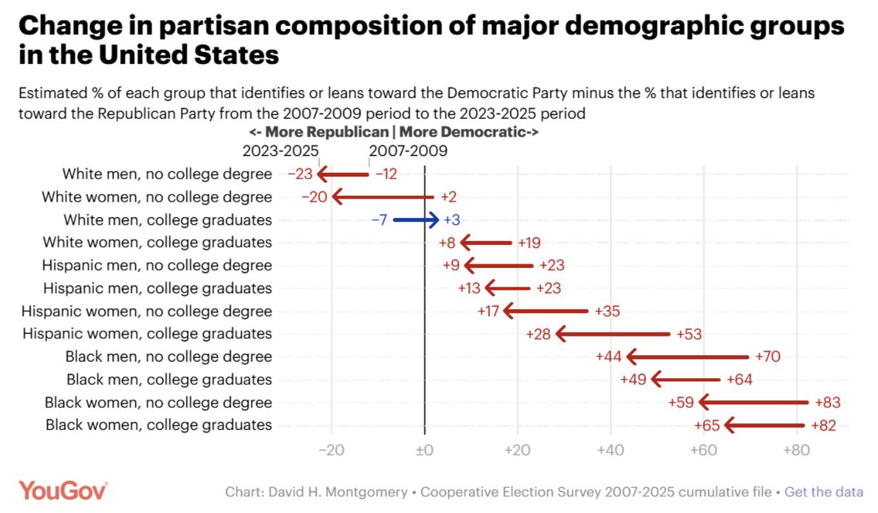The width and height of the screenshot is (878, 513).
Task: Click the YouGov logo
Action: (63, 490)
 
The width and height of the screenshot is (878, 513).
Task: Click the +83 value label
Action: (828, 403)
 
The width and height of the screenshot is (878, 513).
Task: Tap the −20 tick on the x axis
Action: (332, 449)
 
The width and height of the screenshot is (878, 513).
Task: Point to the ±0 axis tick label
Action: (424, 449)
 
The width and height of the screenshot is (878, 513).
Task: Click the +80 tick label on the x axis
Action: (797, 449)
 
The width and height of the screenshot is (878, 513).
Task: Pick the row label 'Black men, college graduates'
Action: (169, 380)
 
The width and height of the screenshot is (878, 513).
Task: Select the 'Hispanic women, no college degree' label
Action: (146, 311)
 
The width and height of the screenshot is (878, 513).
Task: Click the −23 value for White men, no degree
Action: (300, 174)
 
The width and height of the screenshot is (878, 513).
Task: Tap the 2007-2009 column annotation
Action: (408, 151)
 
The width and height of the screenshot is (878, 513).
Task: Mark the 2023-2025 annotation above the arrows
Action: (280, 151)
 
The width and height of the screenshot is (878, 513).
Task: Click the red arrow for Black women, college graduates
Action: (765, 425)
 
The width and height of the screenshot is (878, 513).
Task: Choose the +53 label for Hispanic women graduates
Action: (689, 334)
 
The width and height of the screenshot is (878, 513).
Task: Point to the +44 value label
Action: (609, 357)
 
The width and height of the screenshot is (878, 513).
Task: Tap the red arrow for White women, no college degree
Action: (383, 197)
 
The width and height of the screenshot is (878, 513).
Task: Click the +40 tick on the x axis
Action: (610, 449)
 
